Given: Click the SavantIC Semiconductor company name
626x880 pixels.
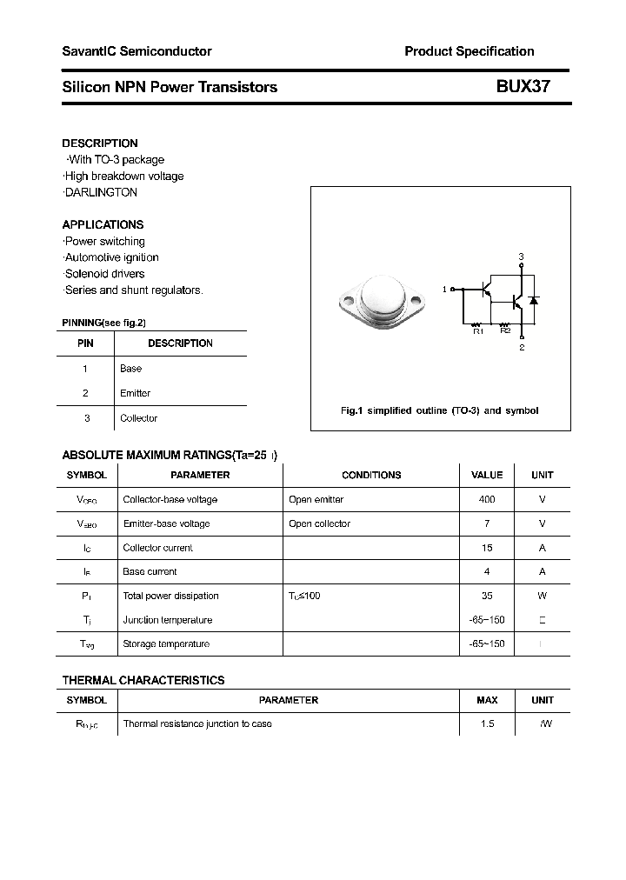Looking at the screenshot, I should coord(137,51).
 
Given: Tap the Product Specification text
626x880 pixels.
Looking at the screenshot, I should coord(469,51).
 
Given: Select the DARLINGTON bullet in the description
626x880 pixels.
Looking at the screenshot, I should coord(101,192).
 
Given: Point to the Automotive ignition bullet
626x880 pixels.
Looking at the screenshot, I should coord(111,257).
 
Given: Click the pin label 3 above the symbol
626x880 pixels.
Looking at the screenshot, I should coord(521,257).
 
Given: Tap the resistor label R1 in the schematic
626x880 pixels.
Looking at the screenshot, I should coord(477,330).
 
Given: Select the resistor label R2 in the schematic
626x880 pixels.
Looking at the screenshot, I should coord(504,330).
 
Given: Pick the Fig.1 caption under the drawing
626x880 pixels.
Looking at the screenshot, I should coord(439,410).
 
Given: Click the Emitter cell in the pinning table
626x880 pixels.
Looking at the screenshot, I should coord(135,393).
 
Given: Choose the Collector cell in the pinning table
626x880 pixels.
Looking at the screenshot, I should coord(138,418).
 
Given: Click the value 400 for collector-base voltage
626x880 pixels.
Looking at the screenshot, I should coord(487,500).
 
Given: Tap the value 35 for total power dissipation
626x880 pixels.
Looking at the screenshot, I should coord(487,596).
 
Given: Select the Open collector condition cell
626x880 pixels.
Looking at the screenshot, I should coord(319,523).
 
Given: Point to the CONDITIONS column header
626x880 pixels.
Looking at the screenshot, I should coord(371,476).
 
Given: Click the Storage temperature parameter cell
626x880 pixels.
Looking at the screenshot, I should coord(166,643).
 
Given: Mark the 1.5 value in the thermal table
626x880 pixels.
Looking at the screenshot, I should coord(487,723).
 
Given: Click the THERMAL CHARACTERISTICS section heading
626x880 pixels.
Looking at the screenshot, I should coord(143,680).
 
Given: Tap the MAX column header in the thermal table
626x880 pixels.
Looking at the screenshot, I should coord(487,700).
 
